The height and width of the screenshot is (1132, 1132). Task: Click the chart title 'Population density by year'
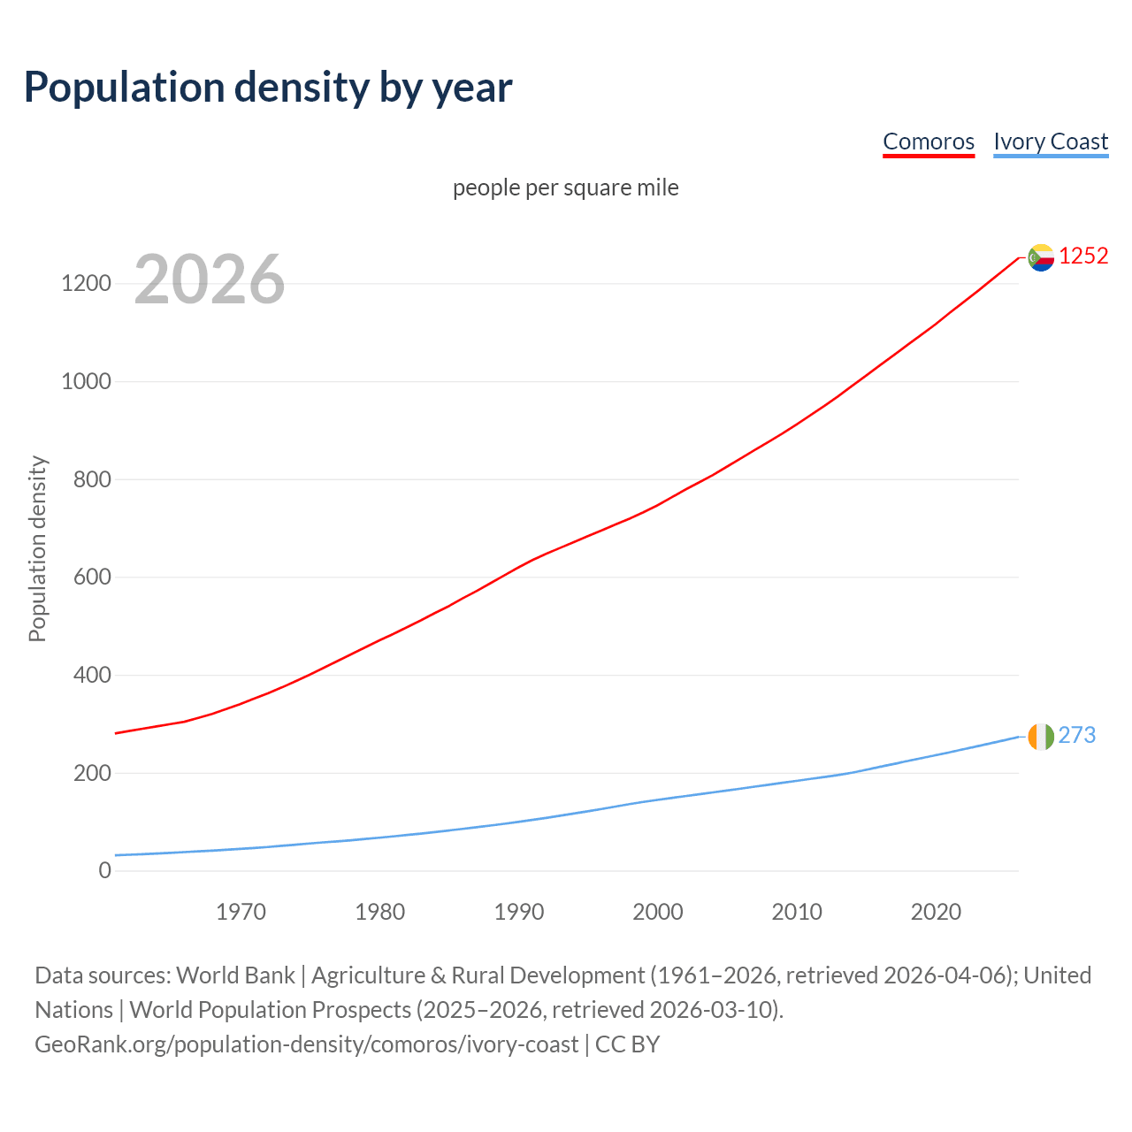(x=268, y=87)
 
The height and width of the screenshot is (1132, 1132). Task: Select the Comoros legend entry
(x=928, y=141)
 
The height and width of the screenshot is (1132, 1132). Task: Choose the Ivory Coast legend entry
(x=1050, y=141)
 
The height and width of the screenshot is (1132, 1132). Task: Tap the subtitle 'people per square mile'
(x=565, y=187)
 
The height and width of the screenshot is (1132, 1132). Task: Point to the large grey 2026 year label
(x=210, y=279)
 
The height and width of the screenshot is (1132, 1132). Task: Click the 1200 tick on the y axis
(x=86, y=284)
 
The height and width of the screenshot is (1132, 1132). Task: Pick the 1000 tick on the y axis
(x=86, y=382)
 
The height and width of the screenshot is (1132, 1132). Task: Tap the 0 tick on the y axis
(x=105, y=871)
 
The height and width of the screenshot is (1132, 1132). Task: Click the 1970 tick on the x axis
(x=241, y=912)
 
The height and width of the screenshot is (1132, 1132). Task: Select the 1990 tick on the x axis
(x=519, y=912)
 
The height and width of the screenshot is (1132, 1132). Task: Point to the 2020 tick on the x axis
(x=936, y=912)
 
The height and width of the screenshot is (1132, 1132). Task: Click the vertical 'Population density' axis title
(x=37, y=548)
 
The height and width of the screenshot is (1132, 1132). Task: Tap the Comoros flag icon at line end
(x=1041, y=257)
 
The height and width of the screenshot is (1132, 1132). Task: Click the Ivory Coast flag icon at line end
(x=1041, y=736)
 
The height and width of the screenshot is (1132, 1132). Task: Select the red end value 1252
(x=1083, y=256)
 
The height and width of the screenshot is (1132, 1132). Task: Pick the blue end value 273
(x=1076, y=735)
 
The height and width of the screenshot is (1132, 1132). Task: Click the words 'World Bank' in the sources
(x=235, y=975)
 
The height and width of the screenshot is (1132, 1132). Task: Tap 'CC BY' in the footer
(x=627, y=1044)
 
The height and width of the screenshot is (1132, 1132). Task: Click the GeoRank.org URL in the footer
(x=306, y=1044)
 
